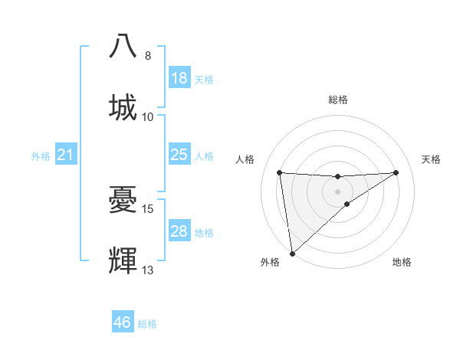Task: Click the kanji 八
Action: click(x=123, y=45)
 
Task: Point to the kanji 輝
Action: click(x=123, y=261)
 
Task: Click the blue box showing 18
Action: click(x=179, y=78)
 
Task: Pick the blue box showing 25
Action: click(x=179, y=155)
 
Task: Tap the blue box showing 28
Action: click(x=179, y=231)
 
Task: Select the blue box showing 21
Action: click(x=66, y=155)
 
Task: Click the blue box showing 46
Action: click(x=123, y=322)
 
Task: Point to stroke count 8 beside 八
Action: click(x=148, y=56)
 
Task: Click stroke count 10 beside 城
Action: click(x=148, y=116)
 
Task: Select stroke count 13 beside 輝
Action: click(x=148, y=270)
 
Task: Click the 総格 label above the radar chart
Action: click(x=338, y=100)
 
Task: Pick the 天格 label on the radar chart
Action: click(x=432, y=159)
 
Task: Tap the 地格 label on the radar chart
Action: click(x=402, y=262)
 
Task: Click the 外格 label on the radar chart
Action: click(x=270, y=262)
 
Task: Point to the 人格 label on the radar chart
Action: click(x=245, y=159)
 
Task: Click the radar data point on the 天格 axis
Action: click(x=396, y=172)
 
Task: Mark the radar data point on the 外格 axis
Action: click(x=292, y=253)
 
